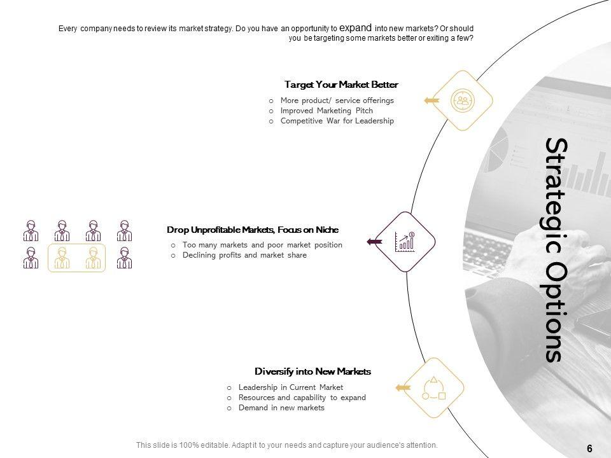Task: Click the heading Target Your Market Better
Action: pos(341,85)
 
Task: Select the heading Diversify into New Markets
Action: pos(313,371)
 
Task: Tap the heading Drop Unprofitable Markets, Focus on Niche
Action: pos(253,230)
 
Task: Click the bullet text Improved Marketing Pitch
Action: pos(327,111)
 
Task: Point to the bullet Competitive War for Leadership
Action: pos(337,121)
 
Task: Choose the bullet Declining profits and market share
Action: pos(244,255)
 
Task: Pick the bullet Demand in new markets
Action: pos(281,408)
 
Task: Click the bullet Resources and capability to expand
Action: pos(302,398)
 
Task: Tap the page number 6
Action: pos(589,448)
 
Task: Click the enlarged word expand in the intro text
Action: pos(355,28)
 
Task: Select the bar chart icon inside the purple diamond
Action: pos(405,242)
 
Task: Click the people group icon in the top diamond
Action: pos(463,101)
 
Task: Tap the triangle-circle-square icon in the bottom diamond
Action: pos(433,388)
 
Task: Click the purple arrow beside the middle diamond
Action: pos(374,242)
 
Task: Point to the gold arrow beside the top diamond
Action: pos(432,101)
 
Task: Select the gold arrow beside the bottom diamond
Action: pos(403,387)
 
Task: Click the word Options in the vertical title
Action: pos(554,311)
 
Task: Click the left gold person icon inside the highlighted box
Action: pos(62,258)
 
